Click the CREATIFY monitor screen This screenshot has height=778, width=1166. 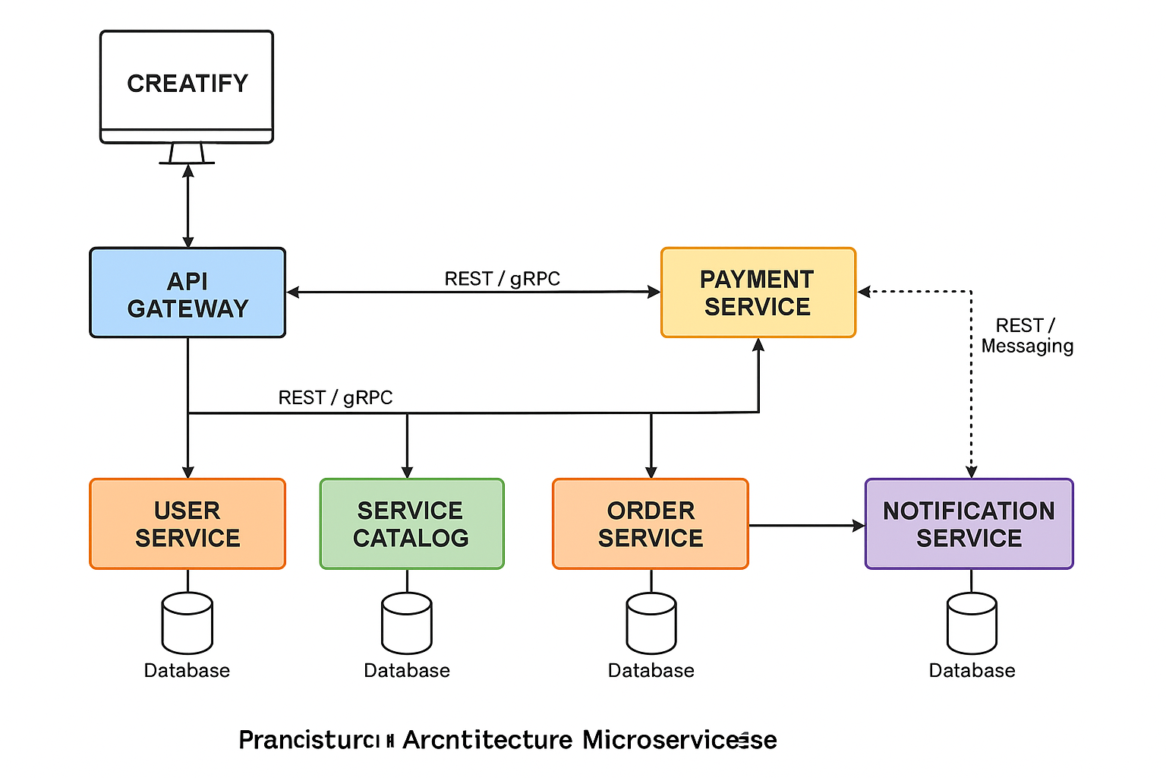pos(187,82)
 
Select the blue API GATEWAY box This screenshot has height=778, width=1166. pos(188,293)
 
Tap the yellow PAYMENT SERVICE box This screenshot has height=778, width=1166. pos(758,293)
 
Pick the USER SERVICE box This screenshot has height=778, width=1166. pos(188,523)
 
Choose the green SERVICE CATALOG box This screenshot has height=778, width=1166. pos(411,523)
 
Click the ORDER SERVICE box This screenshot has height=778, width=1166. pos(651,523)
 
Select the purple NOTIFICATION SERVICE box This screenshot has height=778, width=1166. pos(969,523)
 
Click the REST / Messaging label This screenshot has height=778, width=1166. pos(1026,336)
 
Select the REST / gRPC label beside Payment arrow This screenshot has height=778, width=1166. pos(502,279)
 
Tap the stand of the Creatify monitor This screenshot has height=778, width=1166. pos(187,153)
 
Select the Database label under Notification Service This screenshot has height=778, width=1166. pos(972,670)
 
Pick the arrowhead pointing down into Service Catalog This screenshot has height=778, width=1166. pos(407,471)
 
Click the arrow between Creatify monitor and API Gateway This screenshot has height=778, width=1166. pos(188,205)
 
